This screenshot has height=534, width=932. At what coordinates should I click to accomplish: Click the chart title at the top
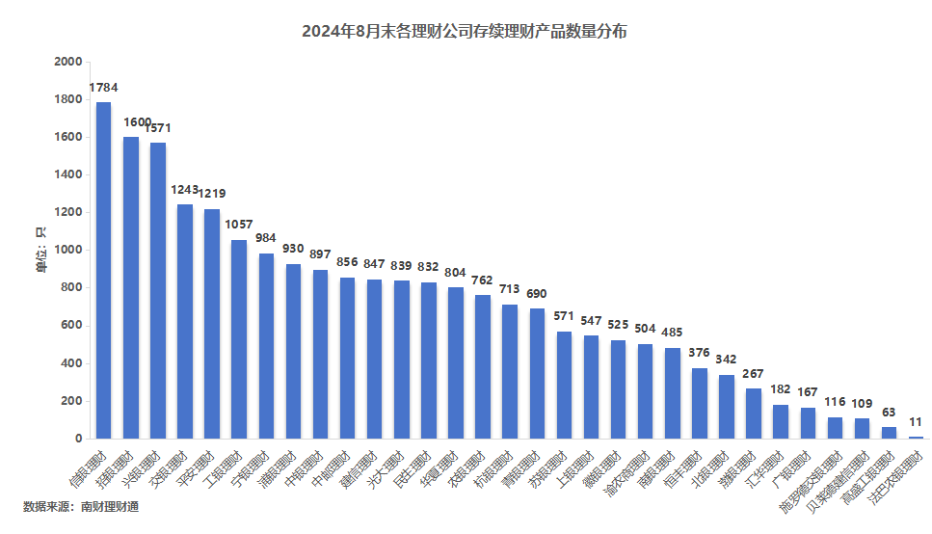[x=465, y=32]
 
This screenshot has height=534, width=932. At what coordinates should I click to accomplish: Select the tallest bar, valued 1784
[x=103, y=270]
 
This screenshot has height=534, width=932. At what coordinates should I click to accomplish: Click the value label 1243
[x=184, y=190]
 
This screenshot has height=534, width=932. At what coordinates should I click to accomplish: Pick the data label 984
[x=266, y=238]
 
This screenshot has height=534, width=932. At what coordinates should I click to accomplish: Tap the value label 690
[x=537, y=293]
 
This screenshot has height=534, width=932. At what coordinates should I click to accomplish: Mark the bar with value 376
[x=700, y=403]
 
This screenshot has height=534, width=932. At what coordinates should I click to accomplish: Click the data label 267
[x=754, y=373]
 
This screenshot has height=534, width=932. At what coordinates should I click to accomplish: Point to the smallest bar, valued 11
[x=916, y=438]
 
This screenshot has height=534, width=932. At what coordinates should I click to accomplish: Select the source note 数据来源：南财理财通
[x=81, y=507]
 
